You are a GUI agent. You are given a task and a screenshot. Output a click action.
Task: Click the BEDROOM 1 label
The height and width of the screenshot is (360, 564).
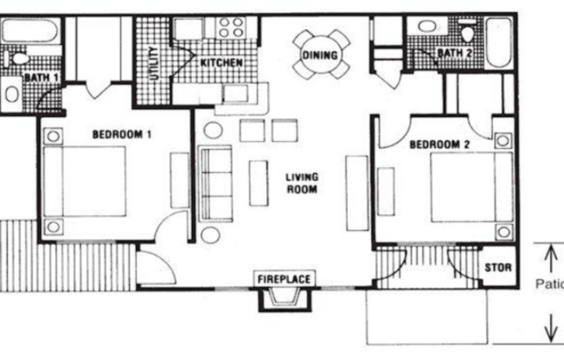coord(122,134)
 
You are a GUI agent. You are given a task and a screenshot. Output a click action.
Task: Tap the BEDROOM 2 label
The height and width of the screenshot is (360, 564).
coord(439,145)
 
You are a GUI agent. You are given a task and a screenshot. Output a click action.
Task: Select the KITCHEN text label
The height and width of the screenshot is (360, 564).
coord(221,63)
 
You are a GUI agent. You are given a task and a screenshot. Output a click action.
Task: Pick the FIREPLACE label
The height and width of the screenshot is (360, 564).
coord(284,280)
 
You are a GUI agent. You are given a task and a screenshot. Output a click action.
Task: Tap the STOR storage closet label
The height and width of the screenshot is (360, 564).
coord(497,267)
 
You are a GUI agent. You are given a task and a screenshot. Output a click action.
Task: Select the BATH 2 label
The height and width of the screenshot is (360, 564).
coord(453,54)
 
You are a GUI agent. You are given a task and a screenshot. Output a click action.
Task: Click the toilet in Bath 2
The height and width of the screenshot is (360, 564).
coord(468,33)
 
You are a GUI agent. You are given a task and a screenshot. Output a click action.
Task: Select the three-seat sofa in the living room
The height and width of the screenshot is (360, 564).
coord(216,183)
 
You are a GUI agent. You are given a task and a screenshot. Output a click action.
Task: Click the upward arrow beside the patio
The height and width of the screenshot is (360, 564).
coord(548,257)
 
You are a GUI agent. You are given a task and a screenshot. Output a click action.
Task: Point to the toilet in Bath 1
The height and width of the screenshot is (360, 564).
coord(16,61)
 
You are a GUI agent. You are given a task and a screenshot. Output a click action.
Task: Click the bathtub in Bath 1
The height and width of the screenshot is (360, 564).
coord(29,33)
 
